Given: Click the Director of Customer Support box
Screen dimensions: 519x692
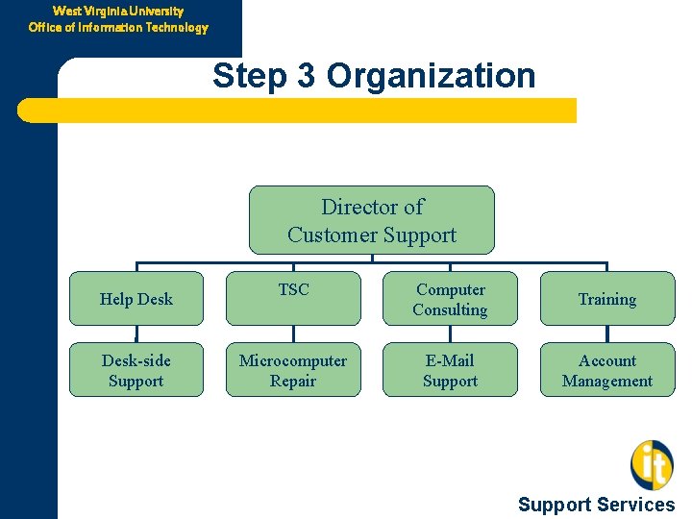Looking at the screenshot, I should (x=371, y=220).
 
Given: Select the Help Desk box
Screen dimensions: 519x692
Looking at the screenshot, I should (x=136, y=299).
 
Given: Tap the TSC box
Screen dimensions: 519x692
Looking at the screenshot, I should (x=293, y=299).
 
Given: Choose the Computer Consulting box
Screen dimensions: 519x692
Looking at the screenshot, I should (x=450, y=299).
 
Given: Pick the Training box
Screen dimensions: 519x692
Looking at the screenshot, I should (x=606, y=299).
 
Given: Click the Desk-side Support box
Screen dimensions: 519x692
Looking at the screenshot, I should (x=136, y=370).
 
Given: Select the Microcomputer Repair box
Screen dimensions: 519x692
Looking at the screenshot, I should (x=293, y=370).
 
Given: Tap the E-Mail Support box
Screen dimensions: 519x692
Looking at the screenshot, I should (x=450, y=370).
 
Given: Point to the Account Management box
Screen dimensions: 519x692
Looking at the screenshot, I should (x=606, y=370).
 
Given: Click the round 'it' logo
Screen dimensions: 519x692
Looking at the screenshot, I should (x=652, y=464).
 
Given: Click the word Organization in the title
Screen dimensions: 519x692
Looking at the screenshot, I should (x=431, y=76).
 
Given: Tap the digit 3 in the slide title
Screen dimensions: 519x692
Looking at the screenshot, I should (x=306, y=76).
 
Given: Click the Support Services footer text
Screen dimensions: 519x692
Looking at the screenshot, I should (x=596, y=505).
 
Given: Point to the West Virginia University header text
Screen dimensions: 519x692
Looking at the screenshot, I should (x=118, y=11).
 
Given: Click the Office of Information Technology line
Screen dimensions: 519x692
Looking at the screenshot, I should (x=118, y=27).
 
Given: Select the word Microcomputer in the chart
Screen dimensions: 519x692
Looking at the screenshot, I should (x=293, y=360).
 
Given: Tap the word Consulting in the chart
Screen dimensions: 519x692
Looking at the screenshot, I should (x=450, y=309).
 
